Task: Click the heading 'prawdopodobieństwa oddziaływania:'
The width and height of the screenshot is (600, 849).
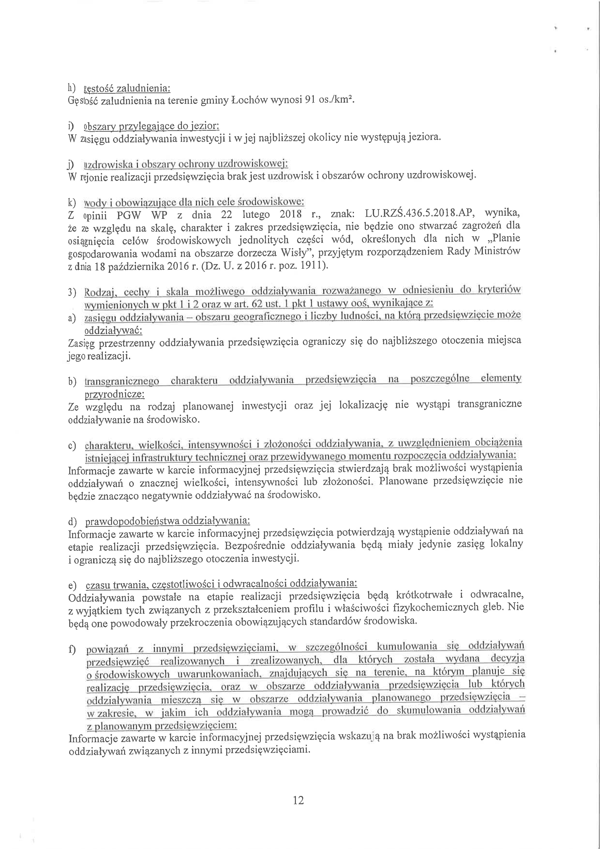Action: pos(167,521)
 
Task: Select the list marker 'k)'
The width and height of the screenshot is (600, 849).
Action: pos(72,203)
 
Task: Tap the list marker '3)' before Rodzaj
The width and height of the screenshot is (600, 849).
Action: pos(72,293)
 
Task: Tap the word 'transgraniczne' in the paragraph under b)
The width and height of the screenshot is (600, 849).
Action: pos(489,404)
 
